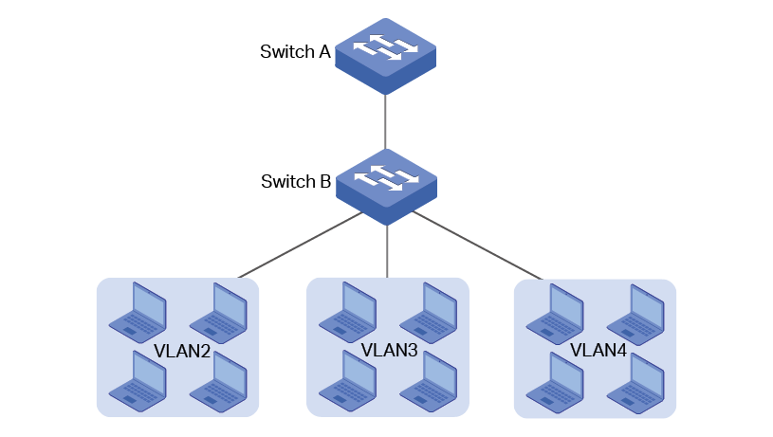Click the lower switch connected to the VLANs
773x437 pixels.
tap(386, 185)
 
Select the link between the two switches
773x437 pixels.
tap(386, 120)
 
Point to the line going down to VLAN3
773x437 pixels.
tap(387, 251)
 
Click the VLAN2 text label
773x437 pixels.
tap(181, 352)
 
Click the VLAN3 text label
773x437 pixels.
tap(389, 350)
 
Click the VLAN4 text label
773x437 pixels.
tap(598, 351)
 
